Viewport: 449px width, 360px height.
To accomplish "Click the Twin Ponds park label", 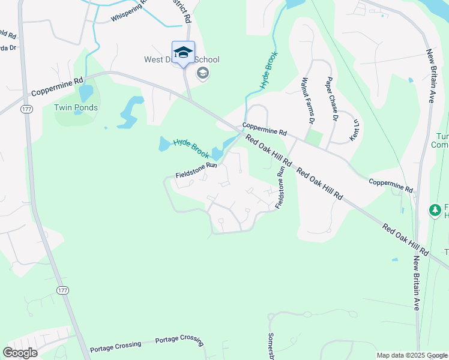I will point(76,108).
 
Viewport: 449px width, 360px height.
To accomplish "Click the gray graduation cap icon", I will point(203,73).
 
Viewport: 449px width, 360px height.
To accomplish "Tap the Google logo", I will point(20,353).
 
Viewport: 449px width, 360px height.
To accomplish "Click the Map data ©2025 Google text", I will point(411,355).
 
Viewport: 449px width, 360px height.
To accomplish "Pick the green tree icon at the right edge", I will point(435,211).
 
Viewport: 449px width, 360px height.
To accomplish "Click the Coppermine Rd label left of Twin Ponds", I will point(57,88).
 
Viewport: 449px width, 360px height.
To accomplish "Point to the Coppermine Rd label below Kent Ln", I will point(391,185).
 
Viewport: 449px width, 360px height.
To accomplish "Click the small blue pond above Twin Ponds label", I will point(86,93).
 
